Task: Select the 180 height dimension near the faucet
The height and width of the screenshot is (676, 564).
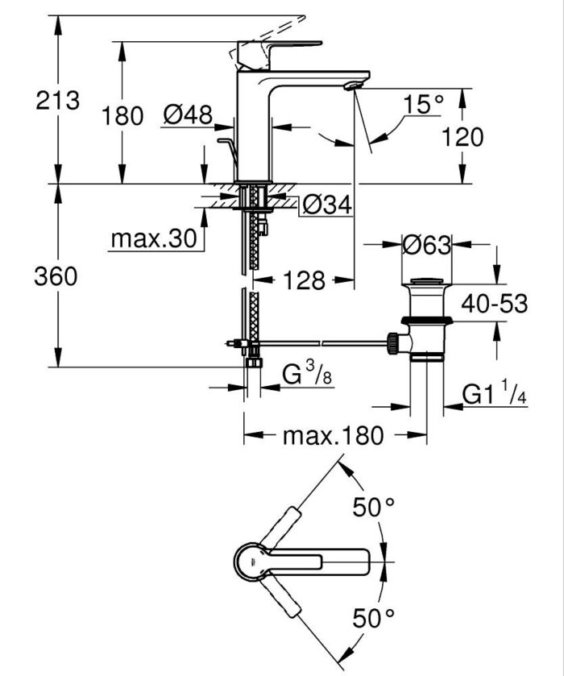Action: [122, 115]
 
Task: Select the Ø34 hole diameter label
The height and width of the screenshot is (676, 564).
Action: [328, 206]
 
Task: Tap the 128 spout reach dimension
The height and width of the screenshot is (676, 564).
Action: [303, 280]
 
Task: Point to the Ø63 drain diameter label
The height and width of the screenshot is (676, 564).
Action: [426, 245]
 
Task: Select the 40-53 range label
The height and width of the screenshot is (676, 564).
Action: [494, 304]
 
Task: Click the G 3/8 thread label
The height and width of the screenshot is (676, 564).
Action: [307, 376]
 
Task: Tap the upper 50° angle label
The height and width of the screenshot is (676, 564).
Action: [374, 507]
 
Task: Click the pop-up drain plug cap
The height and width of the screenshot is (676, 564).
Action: [426, 283]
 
